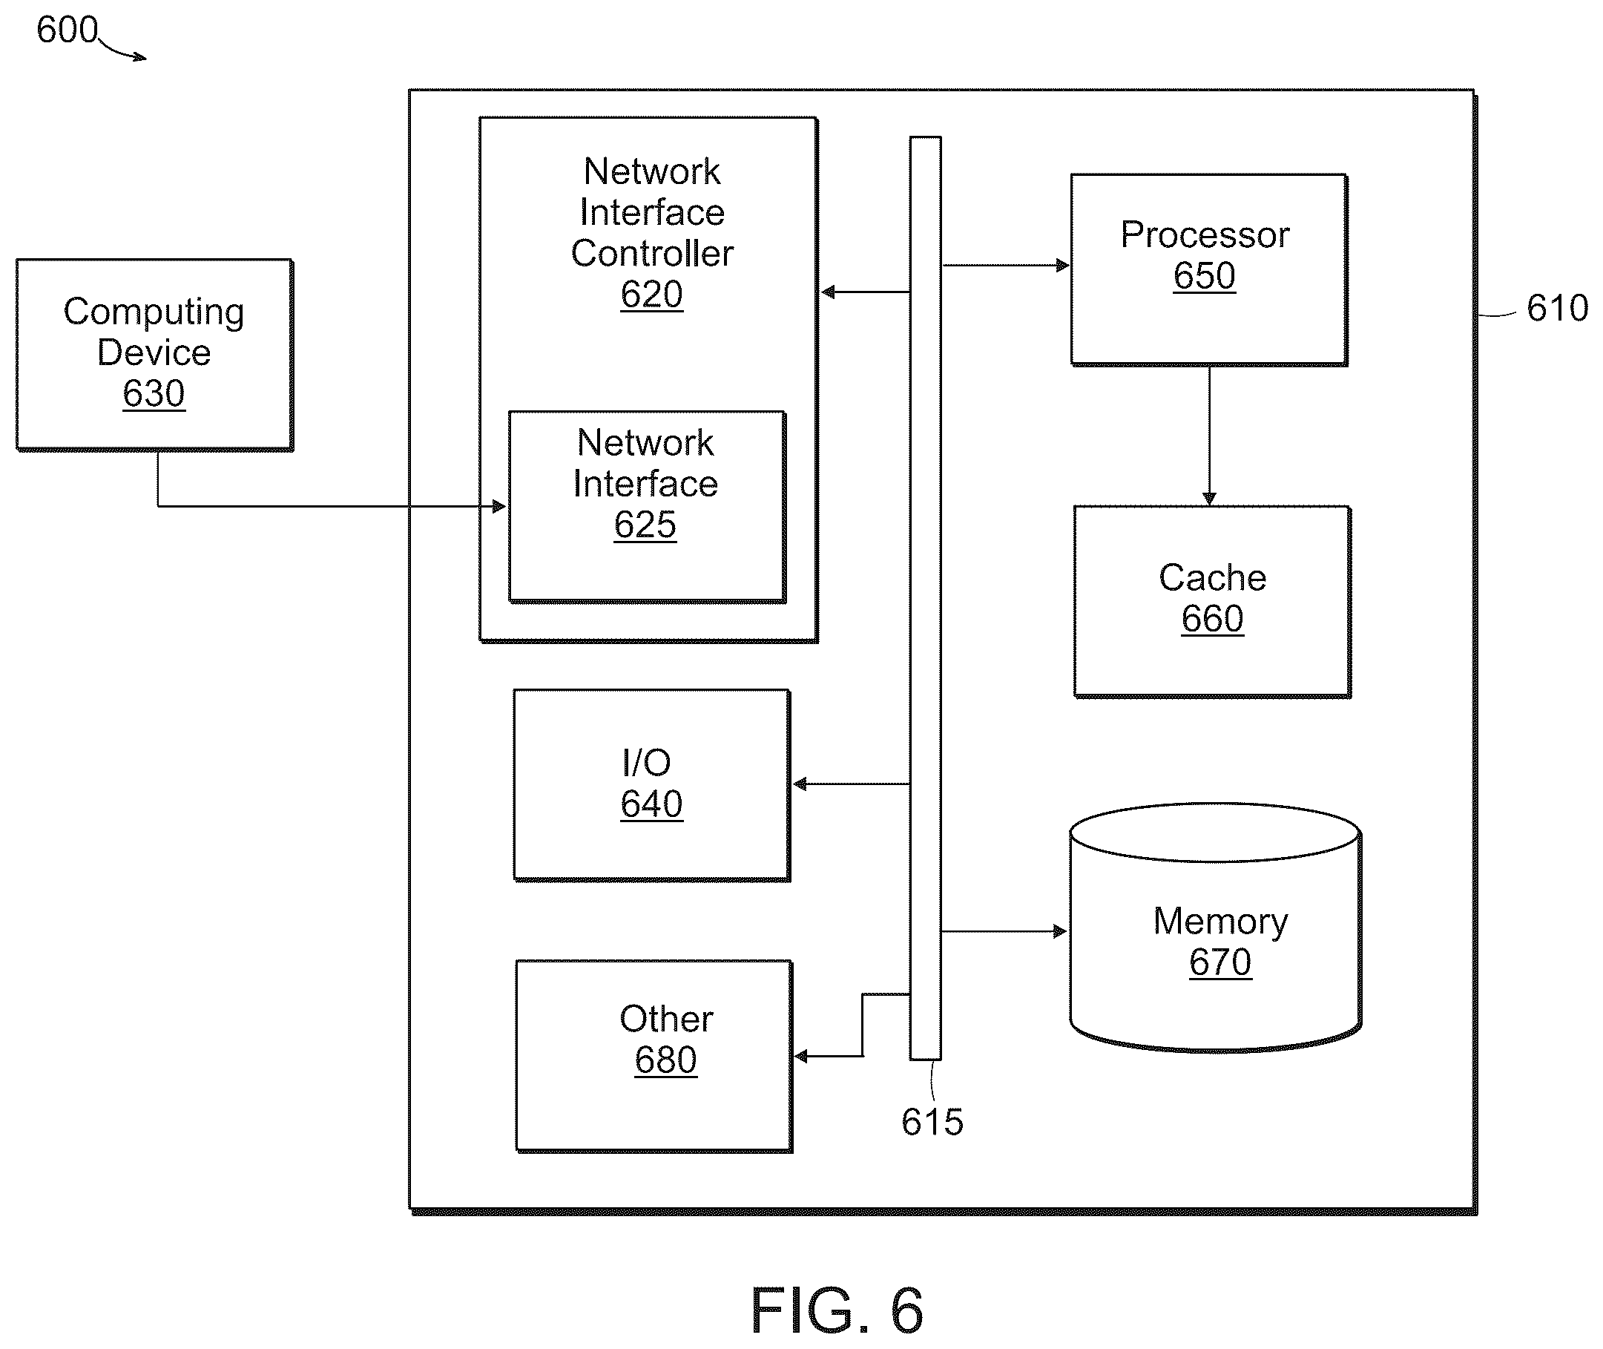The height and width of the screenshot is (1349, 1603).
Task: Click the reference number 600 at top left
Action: click(68, 30)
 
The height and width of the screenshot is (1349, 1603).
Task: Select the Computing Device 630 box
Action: click(154, 355)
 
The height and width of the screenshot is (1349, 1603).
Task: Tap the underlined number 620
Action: click(651, 295)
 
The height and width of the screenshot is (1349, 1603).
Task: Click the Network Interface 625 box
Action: click(647, 507)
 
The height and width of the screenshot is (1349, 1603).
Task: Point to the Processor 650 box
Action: click(1208, 270)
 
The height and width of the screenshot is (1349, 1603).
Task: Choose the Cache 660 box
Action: click(1211, 602)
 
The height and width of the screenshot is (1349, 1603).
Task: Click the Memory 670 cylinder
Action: click(1216, 928)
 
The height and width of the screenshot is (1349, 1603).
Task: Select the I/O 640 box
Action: click(651, 785)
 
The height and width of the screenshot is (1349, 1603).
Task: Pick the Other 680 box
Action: click(654, 1056)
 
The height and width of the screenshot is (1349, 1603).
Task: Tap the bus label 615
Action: click(932, 1122)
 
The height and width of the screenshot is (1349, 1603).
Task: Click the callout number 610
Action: click(1557, 308)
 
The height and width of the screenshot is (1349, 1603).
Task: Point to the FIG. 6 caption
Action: click(837, 1310)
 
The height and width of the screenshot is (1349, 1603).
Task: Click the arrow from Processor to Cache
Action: click(1208, 436)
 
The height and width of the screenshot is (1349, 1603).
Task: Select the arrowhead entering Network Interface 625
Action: click(499, 506)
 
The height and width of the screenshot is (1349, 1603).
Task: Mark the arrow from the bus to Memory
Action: click(1004, 931)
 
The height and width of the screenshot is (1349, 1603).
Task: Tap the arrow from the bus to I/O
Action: click(851, 784)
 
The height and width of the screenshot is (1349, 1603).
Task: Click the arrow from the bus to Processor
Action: click(1006, 266)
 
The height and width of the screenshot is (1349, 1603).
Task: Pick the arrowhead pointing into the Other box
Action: click(801, 1057)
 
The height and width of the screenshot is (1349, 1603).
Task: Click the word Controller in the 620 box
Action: click(652, 253)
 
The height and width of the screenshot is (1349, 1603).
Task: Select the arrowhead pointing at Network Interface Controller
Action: click(828, 292)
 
